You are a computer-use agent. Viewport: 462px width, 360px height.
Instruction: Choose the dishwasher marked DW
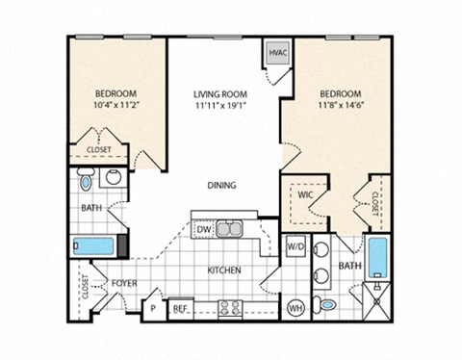(x=204, y=229)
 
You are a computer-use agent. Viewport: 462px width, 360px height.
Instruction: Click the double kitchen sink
(x=230, y=229)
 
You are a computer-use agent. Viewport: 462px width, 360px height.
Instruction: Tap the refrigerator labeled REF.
(x=179, y=309)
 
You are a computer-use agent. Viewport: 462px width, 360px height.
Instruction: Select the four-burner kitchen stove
(x=231, y=308)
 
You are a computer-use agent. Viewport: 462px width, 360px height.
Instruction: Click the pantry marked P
(x=152, y=309)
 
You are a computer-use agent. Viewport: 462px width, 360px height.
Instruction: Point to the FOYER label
(x=123, y=284)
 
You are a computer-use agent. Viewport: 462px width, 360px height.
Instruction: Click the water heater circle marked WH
(x=296, y=307)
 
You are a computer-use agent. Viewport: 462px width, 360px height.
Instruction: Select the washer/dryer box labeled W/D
(x=295, y=246)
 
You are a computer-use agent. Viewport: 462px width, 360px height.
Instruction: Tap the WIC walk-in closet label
(x=305, y=194)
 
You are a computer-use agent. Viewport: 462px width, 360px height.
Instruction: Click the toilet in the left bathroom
(x=87, y=179)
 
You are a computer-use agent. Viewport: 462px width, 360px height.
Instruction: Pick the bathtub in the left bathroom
(x=96, y=244)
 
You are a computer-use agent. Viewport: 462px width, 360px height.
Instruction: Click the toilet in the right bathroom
(x=328, y=305)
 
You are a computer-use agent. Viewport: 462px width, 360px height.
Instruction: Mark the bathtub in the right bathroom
(x=377, y=257)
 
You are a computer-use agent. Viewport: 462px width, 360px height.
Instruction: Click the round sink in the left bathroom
(x=113, y=177)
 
